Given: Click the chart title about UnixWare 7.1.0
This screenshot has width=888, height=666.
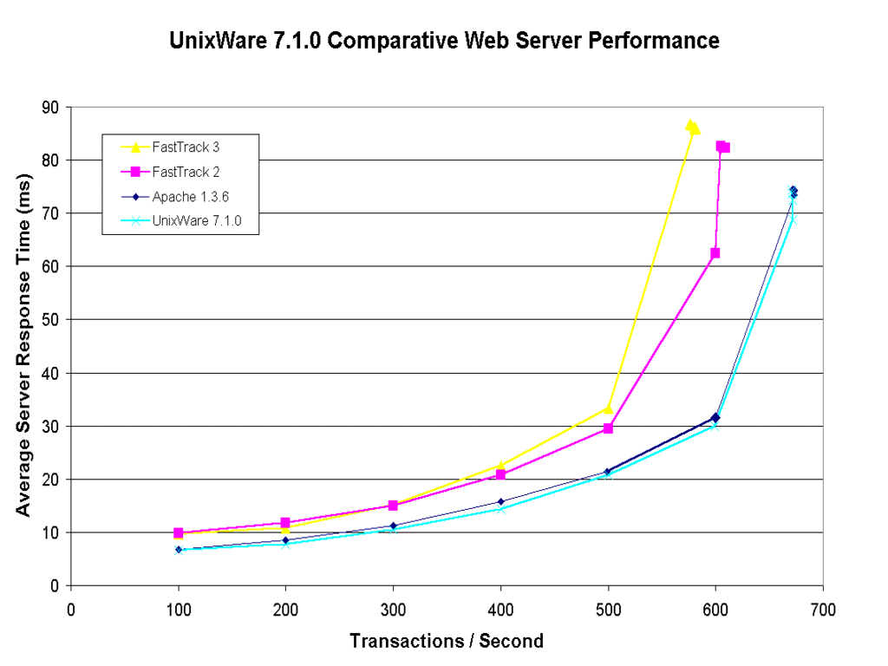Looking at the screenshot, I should pyautogui.click(x=444, y=41).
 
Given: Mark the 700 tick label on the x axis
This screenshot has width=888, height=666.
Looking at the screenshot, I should pyautogui.click(x=823, y=610).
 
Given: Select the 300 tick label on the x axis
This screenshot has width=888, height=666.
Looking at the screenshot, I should pyautogui.click(x=393, y=610).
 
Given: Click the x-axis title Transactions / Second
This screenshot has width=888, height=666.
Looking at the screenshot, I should pyautogui.click(x=447, y=642).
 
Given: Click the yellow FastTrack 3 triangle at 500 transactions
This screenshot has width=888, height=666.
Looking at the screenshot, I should pyautogui.click(x=608, y=408).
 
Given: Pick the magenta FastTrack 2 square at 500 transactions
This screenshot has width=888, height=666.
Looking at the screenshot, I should pyautogui.click(x=609, y=428).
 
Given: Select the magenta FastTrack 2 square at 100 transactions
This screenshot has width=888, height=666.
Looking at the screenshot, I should pyautogui.click(x=179, y=532).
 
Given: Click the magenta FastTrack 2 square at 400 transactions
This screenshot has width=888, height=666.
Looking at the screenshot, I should pyautogui.click(x=501, y=474).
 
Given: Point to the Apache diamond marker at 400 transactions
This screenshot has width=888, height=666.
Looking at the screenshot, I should pyautogui.click(x=501, y=501).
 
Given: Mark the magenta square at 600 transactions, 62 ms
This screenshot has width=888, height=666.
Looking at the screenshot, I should pyautogui.click(x=715, y=253).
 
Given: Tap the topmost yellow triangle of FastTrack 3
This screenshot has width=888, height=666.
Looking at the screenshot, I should pyautogui.click(x=690, y=125).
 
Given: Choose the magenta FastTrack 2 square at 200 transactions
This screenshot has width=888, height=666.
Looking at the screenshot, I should pyautogui.click(x=286, y=523).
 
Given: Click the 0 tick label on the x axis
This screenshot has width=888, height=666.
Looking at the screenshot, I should pyautogui.click(x=71, y=610).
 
